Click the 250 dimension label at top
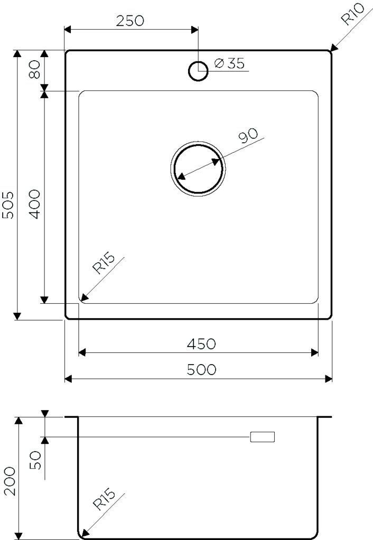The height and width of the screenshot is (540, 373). [129, 21]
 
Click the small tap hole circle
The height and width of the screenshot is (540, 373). [198, 70]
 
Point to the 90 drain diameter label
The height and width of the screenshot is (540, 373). [248, 136]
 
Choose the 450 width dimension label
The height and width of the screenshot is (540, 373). [201, 344]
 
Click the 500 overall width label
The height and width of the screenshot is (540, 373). [201, 370]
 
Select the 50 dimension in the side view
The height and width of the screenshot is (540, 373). [35, 460]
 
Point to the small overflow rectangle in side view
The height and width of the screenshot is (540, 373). [263, 437]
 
